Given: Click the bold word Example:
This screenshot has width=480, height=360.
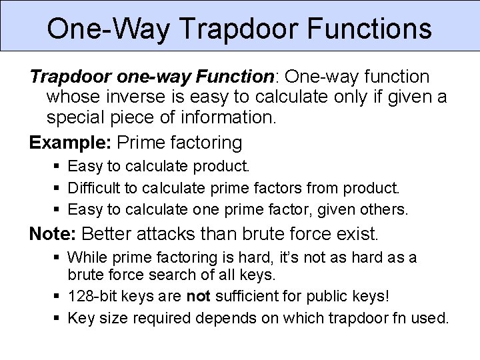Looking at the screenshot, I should [x=70, y=142].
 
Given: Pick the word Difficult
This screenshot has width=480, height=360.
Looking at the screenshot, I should [x=91, y=187].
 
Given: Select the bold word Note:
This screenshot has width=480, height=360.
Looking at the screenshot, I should [x=52, y=234].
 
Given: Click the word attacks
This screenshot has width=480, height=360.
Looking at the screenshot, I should [x=159, y=234].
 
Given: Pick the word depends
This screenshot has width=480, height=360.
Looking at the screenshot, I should [x=215, y=318].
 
